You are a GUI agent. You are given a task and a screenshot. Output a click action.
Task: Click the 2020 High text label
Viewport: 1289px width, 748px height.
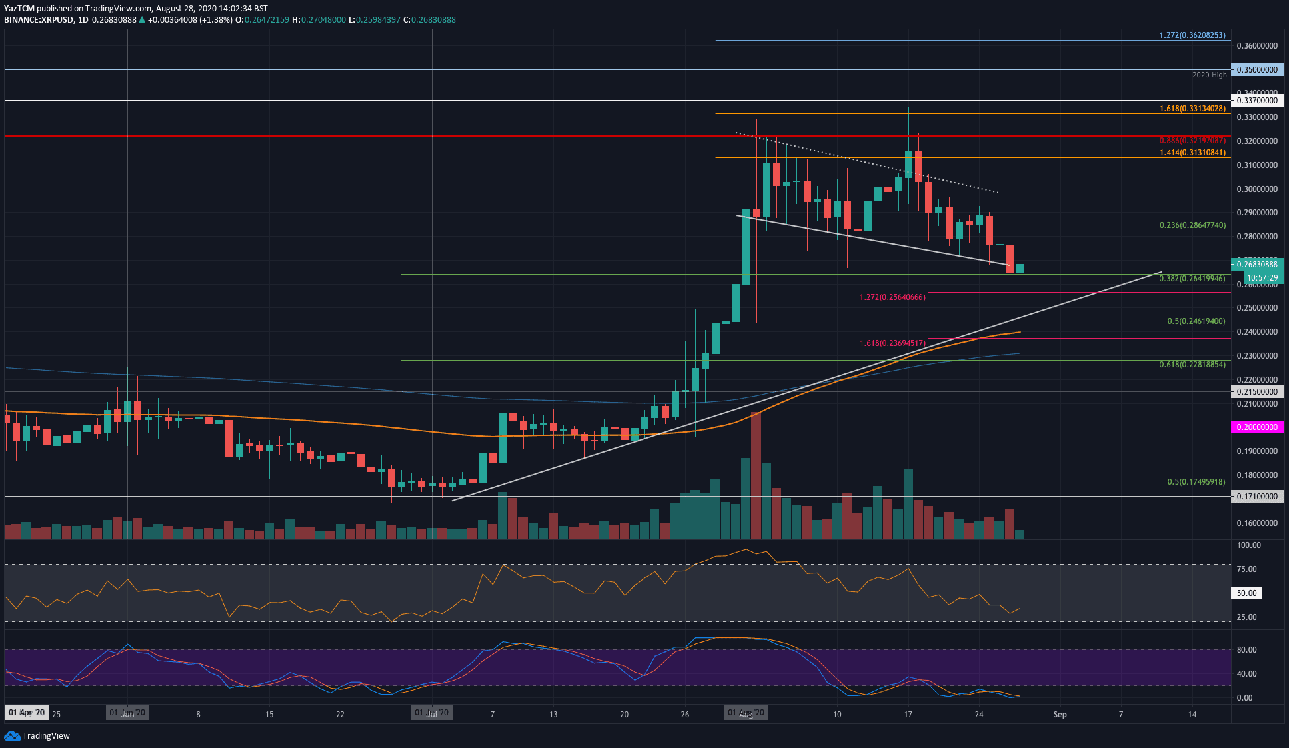pos(1209,75)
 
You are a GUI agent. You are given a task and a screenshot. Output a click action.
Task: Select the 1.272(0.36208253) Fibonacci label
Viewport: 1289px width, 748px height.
pos(1192,35)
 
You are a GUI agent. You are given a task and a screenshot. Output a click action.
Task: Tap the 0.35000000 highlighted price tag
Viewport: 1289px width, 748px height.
pos(1256,69)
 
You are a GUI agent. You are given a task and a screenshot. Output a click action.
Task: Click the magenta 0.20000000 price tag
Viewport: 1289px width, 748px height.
pos(1256,427)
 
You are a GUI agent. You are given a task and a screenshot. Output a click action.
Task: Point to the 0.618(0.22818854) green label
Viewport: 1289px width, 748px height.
pos(1192,365)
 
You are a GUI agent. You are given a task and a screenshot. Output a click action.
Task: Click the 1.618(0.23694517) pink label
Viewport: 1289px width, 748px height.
pos(892,343)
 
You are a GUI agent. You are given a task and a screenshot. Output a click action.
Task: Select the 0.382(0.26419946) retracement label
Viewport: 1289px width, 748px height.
pos(1192,279)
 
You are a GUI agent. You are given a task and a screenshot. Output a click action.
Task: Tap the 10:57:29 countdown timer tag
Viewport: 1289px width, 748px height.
pos(1256,278)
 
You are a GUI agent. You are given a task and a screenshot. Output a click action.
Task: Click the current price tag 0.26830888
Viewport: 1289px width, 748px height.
pos(1256,265)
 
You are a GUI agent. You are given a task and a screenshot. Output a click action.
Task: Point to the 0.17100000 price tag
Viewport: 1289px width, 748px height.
pos(1256,497)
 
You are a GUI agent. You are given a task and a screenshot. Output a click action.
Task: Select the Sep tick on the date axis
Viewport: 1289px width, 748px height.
pos(1060,715)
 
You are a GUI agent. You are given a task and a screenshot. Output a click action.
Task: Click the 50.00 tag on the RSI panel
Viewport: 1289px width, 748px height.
pos(1246,593)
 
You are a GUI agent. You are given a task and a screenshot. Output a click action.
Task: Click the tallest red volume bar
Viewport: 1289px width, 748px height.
pos(756,476)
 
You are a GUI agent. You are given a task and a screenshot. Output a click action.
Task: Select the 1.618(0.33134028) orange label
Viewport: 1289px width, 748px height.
pos(1192,109)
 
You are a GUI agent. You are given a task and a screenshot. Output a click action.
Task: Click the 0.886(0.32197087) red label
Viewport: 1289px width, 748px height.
pos(1192,141)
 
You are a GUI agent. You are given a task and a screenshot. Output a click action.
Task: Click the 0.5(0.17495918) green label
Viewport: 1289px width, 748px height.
pos(1196,482)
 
